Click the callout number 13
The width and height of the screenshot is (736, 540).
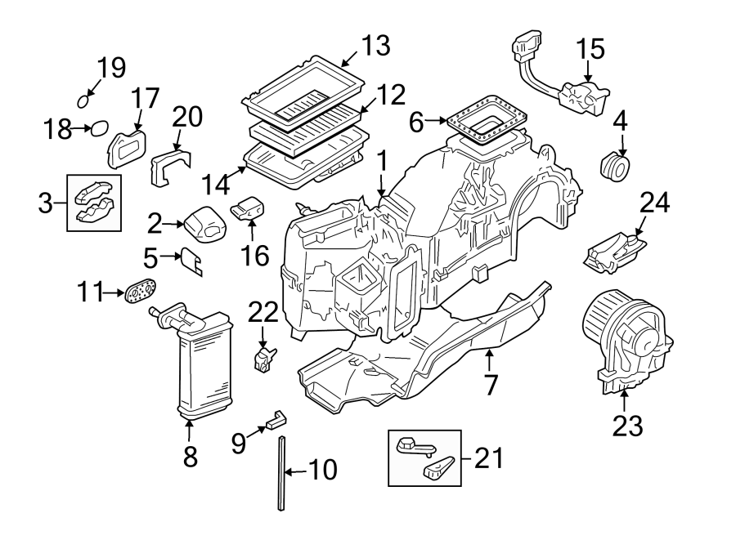(376, 47)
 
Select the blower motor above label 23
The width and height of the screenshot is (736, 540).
(625, 340)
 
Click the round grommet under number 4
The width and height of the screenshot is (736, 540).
(616, 168)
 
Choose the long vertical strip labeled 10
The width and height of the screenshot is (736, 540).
(282, 473)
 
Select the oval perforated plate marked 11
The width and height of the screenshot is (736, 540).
(141, 293)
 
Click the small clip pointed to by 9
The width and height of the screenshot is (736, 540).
(276, 422)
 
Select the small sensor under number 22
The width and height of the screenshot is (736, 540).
(264, 358)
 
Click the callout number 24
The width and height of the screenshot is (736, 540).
(654, 203)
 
